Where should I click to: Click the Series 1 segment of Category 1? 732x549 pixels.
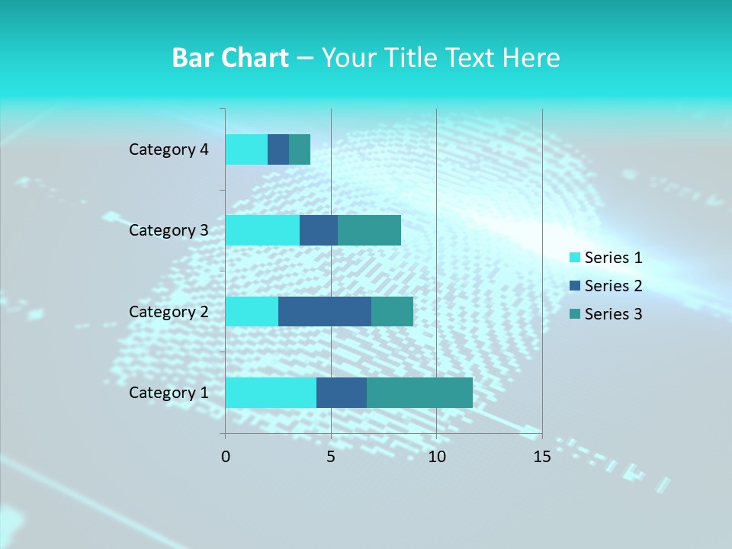tap(271, 392)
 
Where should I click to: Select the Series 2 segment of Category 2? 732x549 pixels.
tap(325, 311)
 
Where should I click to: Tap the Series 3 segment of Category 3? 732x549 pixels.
tap(369, 230)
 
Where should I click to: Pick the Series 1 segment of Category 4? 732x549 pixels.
tap(246, 149)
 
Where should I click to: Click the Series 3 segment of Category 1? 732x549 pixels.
tap(419, 392)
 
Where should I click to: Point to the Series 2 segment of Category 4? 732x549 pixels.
tap(278, 149)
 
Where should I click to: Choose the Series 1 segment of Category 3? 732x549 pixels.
tap(262, 230)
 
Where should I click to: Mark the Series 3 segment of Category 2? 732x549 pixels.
tap(392, 311)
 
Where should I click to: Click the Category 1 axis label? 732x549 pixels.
tap(169, 393)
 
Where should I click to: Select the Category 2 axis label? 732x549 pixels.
tap(169, 312)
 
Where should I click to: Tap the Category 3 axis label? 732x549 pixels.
tap(169, 230)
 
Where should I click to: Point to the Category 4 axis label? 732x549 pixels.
tap(169, 149)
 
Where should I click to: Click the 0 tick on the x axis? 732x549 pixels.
tap(226, 457)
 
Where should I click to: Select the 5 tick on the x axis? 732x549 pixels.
tap(331, 457)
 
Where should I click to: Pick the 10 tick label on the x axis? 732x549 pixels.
tap(436, 457)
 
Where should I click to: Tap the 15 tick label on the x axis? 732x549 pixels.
tap(541, 457)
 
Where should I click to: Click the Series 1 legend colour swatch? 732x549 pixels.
tap(575, 258)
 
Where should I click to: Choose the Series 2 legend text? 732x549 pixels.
tap(613, 286)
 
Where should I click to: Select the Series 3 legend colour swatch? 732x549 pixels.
tap(575, 314)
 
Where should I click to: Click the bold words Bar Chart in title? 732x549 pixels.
tap(230, 58)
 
